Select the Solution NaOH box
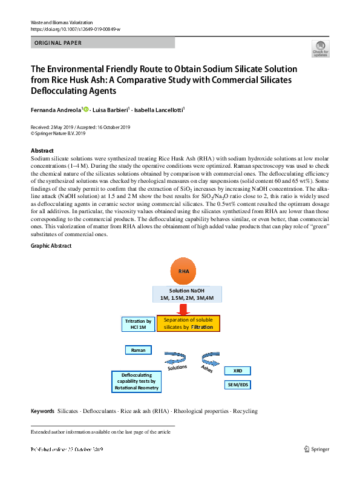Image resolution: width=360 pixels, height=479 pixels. click(187, 295)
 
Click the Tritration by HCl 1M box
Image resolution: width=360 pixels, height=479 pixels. click(137, 324)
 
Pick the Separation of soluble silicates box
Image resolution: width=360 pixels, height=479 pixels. click(188, 323)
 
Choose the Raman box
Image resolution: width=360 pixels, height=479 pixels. click(138, 350)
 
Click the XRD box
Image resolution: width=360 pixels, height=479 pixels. click(237, 371)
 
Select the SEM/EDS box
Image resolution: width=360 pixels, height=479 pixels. click(237, 385)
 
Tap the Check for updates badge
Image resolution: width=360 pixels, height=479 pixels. click(319, 49)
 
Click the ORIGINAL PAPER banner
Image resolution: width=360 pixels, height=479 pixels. click(102, 43)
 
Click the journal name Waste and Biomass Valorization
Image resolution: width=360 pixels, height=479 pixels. click(59, 22)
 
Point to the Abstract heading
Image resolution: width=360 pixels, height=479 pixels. click(41, 150)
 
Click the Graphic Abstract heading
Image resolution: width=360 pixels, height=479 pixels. click(51, 245)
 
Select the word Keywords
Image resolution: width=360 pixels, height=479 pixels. click(42, 411)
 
